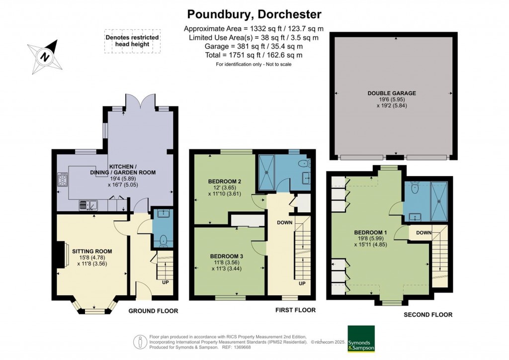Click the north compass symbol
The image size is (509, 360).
click(x=45, y=56)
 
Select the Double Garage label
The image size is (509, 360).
click(x=392, y=93)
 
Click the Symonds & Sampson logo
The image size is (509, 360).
click(x=361, y=338)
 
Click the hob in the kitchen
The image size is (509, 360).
click(x=63, y=179)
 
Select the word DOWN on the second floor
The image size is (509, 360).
click(x=424, y=232)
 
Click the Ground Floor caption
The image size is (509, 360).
click(x=153, y=311)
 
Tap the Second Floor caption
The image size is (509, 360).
click(x=427, y=314)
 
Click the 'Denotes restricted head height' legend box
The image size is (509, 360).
click(x=132, y=41)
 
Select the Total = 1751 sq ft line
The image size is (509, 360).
click(x=254, y=55)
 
